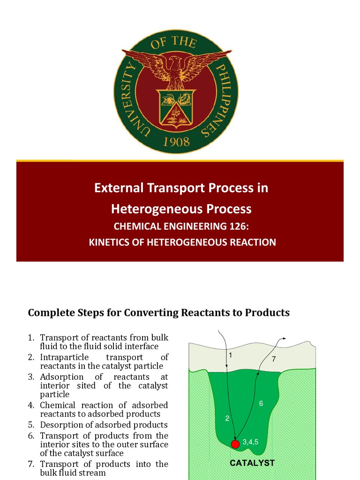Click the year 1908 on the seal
(176, 142)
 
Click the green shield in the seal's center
(176, 107)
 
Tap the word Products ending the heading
(267, 313)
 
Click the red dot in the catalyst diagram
(235, 444)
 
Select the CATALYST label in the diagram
(252, 463)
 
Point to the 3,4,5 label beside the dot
(251, 441)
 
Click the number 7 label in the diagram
(274, 360)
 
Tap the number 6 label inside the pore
(261, 403)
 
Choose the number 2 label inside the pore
(227, 419)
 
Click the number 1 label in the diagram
(231, 355)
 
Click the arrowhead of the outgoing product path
(284, 339)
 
